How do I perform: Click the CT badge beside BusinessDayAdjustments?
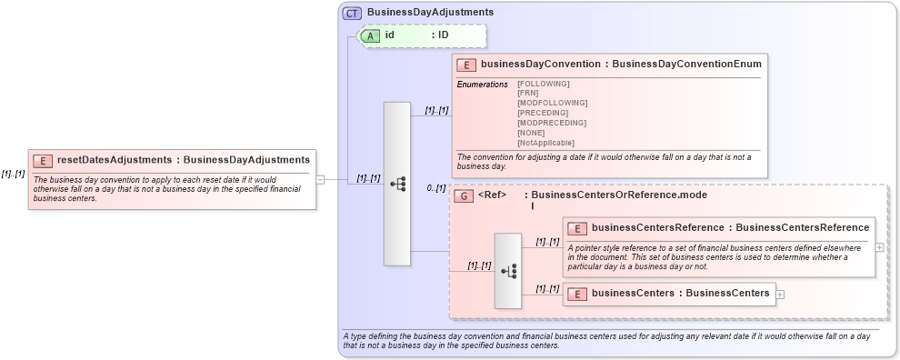[x=352, y=13]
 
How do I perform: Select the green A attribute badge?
[x=370, y=35]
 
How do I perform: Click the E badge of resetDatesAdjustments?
[x=42, y=160]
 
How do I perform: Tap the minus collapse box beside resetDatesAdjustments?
[x=320, y=180]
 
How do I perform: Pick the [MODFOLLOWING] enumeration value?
[x=552, y=103]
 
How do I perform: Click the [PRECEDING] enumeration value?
[x=543, y=113]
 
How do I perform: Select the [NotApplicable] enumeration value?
[x=545, y=143]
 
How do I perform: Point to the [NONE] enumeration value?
[x=531, y=133]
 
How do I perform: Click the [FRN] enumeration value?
[x=527, y=93]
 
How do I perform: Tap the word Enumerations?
[x=482, y=85]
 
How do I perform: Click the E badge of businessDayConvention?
[x=465, y=65]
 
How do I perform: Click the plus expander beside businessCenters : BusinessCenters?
[x=780, y=294]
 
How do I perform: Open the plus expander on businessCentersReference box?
[x=879, y=246]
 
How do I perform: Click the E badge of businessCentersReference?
[x=576, y=228]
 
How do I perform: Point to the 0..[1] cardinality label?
[x=436, y=189]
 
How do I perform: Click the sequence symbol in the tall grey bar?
[x=397, y=184]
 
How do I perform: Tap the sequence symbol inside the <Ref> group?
[x=508, y=271]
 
